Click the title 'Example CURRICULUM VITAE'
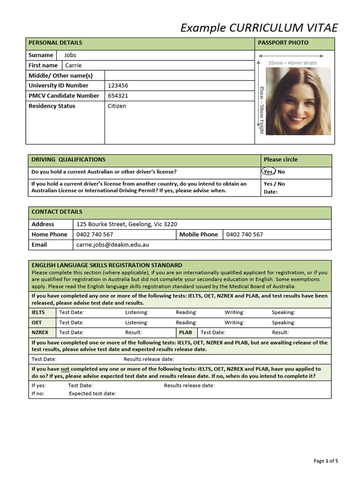259,28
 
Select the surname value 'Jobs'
70,55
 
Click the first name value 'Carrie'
73,66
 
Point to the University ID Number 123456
118,86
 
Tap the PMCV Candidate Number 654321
118,96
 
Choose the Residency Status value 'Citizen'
117,106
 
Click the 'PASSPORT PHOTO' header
283,43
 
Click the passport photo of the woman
298,101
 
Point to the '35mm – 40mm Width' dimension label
292,63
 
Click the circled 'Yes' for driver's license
268,172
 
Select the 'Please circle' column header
280,159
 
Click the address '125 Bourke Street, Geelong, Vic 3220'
127,224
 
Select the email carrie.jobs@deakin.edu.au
112,245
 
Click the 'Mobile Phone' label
199,234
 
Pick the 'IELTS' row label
38,312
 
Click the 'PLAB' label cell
186,332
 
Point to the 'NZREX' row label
40,332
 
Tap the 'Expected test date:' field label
92,393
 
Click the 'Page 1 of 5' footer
325,461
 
